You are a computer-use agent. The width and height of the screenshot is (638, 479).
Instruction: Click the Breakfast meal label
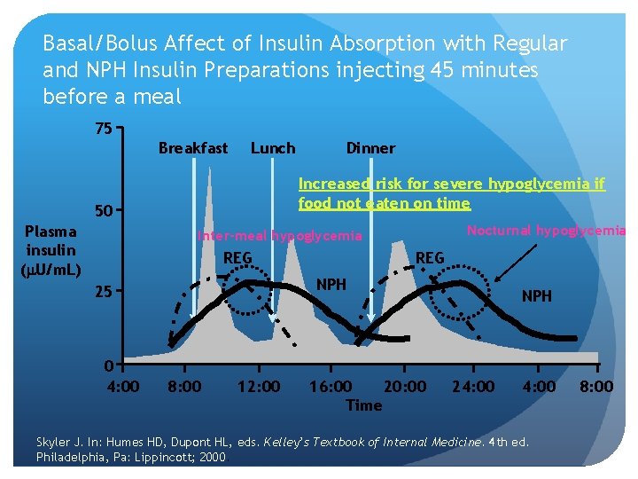192,148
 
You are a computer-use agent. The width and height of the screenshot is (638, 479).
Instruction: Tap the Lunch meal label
273,148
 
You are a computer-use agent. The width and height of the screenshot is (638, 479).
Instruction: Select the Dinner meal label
370,148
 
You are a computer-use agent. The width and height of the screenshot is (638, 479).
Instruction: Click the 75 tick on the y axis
104,130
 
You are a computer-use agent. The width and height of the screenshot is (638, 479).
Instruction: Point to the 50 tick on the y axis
104,212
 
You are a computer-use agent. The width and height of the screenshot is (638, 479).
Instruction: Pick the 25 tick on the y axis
104,292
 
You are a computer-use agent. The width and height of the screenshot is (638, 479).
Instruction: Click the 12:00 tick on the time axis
259,387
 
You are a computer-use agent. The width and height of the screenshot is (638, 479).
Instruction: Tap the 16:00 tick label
331,387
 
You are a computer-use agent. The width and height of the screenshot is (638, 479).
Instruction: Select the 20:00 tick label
404,387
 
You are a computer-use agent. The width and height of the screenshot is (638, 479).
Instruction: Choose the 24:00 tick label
473,387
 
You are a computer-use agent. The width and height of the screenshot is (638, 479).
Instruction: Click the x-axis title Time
363,405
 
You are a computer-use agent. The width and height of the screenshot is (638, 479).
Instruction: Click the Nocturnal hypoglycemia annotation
546,231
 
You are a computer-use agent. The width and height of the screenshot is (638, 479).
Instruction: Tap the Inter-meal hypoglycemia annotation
279,236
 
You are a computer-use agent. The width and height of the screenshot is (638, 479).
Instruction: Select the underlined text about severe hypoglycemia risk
451,193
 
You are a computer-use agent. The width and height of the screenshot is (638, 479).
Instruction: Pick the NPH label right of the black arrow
536,296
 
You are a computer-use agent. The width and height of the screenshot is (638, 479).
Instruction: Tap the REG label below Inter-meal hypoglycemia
237,258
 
